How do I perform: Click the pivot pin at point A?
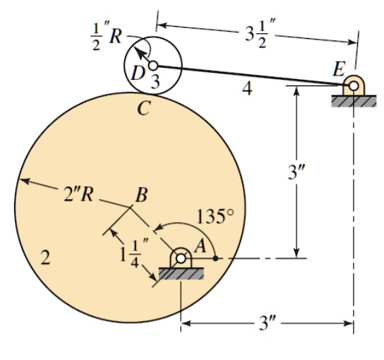(181, 258)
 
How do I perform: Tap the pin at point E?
(351, 88)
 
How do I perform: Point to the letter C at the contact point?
(143, 109)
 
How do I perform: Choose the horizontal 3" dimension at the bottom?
(268, 324)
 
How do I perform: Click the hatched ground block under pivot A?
(181, 273)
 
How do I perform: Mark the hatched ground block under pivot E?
(351, 102)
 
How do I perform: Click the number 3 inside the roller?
(155, 81)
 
